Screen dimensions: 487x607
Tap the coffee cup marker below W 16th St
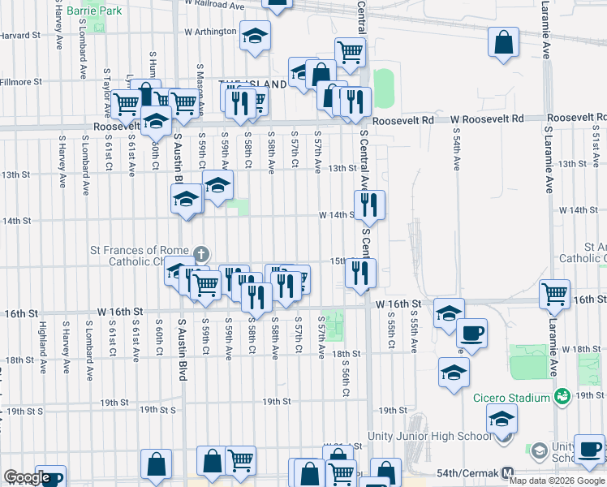click(x=471, y=331)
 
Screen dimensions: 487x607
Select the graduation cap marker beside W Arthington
click(x=255, y=37)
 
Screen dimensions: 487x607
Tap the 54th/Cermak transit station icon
click(x=508, y=472)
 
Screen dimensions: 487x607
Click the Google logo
click(x=26, y=477)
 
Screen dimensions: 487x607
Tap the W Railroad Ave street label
click(x=215, y=6)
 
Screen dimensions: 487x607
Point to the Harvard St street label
click(x=20, y=36)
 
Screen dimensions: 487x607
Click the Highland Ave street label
click(x=41, y=341)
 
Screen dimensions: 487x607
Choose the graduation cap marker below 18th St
click(x=454, y=371)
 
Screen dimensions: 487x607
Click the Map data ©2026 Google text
click(x=557, y=481)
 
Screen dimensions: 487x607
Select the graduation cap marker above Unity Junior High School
click(x=502, y=418)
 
